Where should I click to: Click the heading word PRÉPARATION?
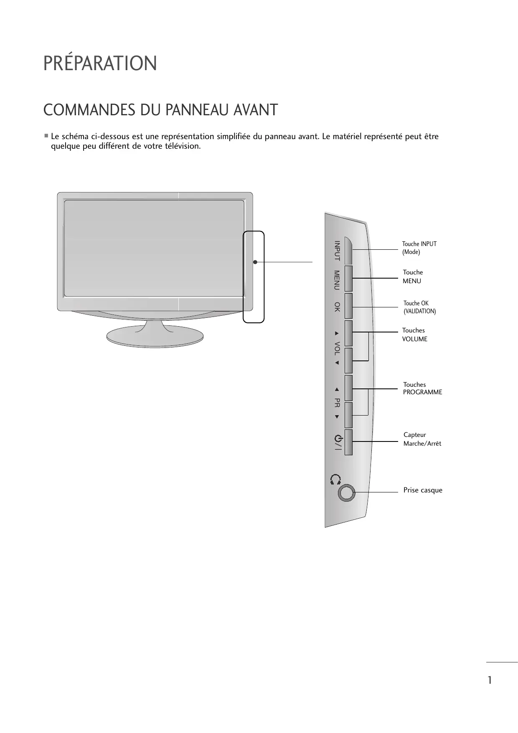click(x=100, y=63)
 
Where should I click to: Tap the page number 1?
click(x=490, y=680)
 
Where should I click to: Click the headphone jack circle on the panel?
click(x=346, y=493)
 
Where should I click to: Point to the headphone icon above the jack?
click(x=335, y=479)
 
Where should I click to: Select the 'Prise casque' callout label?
click(x=423, y=490)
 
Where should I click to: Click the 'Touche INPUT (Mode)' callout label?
click(x=419, y=248)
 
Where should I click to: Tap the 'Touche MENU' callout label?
click(x=413, y=276)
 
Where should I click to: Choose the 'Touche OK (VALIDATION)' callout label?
click(x=419, y=307)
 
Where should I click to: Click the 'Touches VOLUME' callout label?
click(x=414, y=335)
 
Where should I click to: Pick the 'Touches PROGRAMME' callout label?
click(x=422, y=388)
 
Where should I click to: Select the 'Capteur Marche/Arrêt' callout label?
click(x=422, y=439)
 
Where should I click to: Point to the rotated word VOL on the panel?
click(x=337, y=348)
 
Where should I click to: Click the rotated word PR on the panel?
click(x=337, y=403)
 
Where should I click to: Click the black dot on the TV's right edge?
click(x=255, y=262)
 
